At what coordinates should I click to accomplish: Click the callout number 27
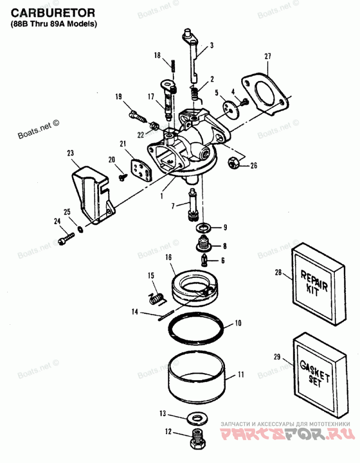click(x=267, y=56)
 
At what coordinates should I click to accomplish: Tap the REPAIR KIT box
click(x=319, y=285)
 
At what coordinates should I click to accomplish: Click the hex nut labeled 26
click(x=234, y=163)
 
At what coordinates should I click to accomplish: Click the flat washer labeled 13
click(x=198, y=418)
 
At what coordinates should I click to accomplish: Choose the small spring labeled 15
click(x=156, y=298)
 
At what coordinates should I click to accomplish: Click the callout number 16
click(x=168, y=257)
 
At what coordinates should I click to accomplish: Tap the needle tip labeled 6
click(x=205, y=260)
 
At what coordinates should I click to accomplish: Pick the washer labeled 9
click(x=203, y=227)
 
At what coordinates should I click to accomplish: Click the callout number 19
click(x=118, y=96)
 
